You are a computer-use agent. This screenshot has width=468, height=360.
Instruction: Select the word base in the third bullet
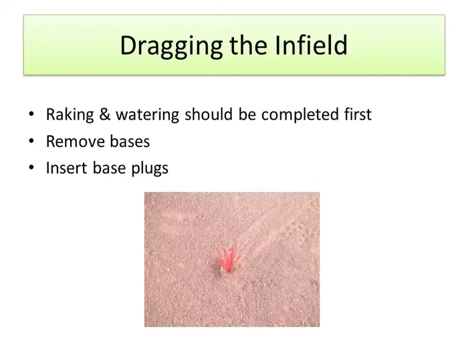107,168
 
